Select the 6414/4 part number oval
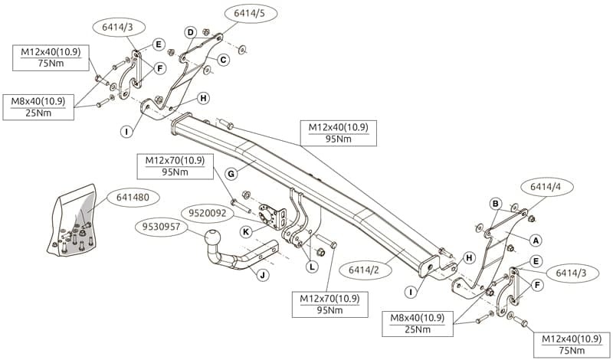coord(543,187)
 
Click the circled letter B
coord(496,204)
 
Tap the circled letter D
coord(191,32)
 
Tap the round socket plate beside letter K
coord(269,214)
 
